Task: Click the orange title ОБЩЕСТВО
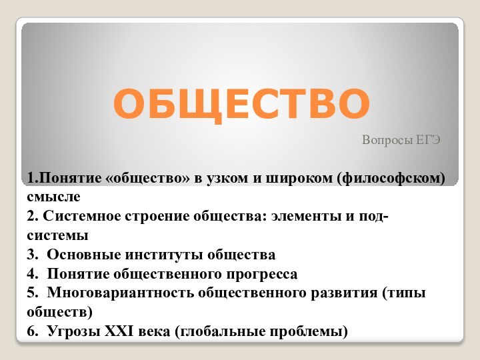pyautogui.click(x=241, y=103)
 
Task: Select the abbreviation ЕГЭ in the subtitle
pyautogui.click(x=427, y=141)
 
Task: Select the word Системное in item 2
pyautogui.click(x=77, y=217)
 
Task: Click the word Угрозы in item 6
pyautogui.click(x=71, y=331)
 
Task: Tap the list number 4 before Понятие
pyautogui.click(x=31, y=274)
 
